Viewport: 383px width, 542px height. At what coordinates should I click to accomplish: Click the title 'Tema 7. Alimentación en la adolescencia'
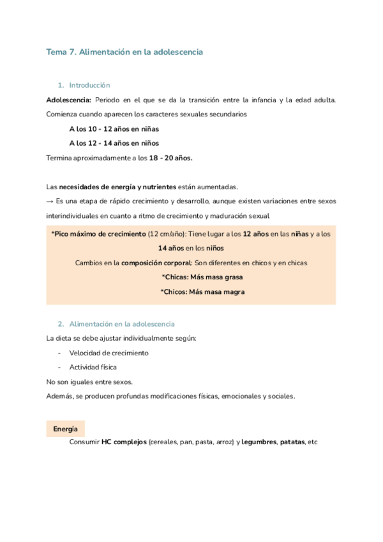tap(124, 52)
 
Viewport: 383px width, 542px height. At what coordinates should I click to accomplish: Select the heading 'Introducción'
tap(89, 85)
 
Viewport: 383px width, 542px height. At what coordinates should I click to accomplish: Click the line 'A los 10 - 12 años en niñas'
tap(114, 128)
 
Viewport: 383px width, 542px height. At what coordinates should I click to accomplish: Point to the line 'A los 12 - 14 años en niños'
tap(114, 143)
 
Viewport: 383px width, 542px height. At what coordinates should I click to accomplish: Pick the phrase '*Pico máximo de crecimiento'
tap(98, 234)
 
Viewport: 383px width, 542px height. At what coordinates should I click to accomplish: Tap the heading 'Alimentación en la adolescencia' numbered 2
tap(121, 324)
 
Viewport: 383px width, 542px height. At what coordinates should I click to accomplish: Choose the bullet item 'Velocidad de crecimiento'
tap(109, 353)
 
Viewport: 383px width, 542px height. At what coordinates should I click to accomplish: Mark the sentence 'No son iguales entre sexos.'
tap(90, 382)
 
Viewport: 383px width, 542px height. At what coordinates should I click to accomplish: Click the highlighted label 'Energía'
tap(66, 429)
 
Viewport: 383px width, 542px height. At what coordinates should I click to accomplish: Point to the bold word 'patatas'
tap(292, 442)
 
